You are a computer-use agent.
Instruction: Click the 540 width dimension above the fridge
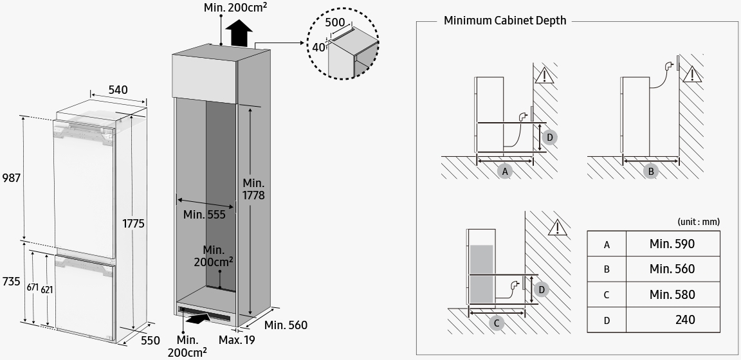point(118,90)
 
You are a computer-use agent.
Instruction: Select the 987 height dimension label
point(10,177)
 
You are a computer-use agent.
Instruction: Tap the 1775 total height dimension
point(134,224)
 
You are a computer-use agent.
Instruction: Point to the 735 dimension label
point(10,282)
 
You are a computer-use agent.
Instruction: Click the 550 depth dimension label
point(151,341)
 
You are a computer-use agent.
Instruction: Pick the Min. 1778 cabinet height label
point(253,189)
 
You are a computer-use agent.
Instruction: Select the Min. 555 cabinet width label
point(205,215)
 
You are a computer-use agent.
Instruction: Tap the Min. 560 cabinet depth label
point(286,325)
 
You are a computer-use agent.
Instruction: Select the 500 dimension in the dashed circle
point(335,21)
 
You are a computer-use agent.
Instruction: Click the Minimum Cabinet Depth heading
point(505,21)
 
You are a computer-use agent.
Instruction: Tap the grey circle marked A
point(505,172)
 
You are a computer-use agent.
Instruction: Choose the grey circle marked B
point(651,172)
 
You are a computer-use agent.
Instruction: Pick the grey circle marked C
point(496,323)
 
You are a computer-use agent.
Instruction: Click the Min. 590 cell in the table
point(672,244)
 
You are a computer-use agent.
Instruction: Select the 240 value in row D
point(685,319)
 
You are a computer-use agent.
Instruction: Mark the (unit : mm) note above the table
point(699,222)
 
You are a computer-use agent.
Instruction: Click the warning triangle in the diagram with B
point(692,74)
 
